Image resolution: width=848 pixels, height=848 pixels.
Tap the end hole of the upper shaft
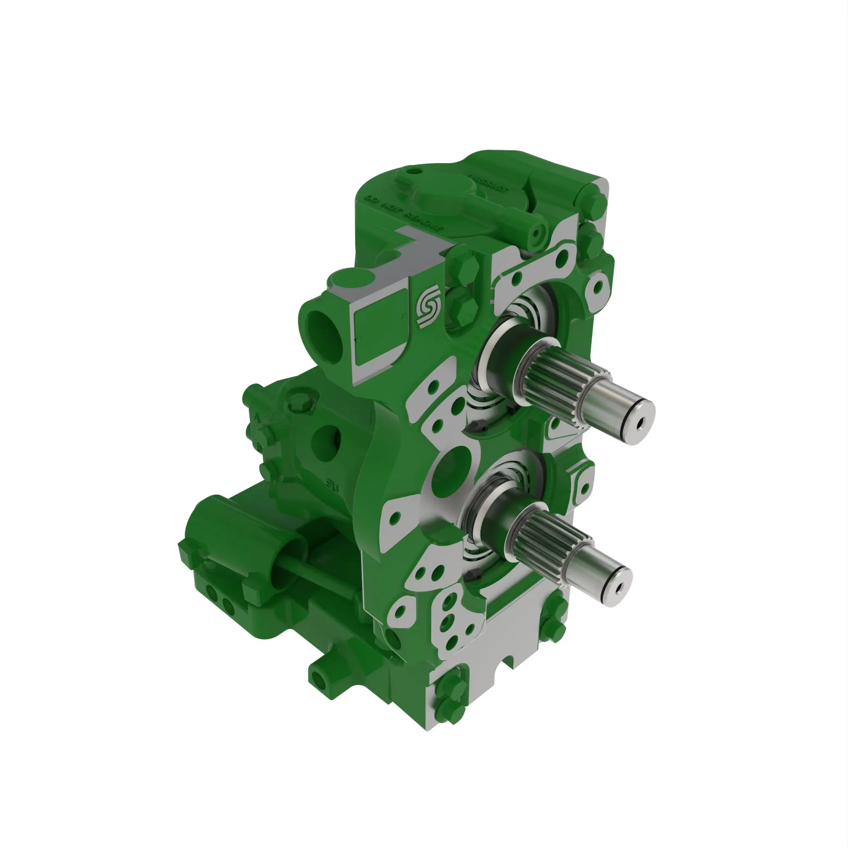639,424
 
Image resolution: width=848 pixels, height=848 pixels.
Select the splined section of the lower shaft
540,536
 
